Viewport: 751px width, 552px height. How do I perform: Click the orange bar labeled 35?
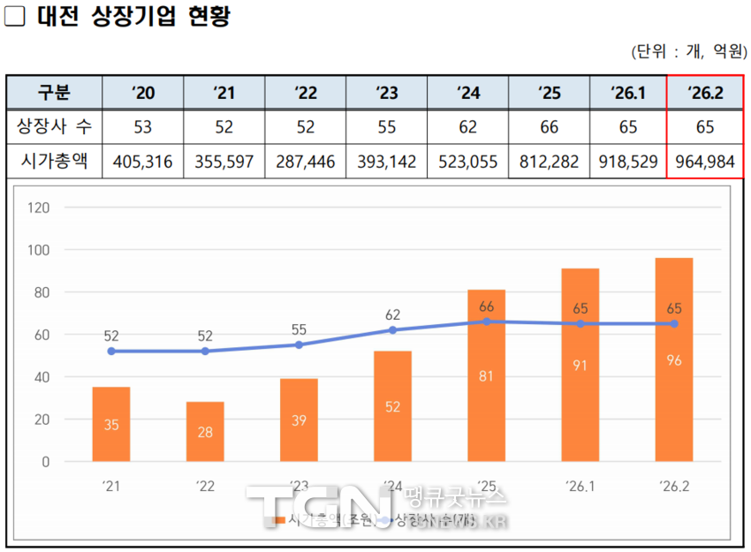point(111,424)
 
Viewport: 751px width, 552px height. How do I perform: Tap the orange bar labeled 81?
point(486,375)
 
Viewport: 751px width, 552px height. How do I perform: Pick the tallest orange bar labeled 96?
point(673,359)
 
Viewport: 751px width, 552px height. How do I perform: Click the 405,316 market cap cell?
point(143,162)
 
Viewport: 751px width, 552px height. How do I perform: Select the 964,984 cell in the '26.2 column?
point(704,162)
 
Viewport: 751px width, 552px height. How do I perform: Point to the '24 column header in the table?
point(468,93)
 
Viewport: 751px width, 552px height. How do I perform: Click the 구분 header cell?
point(55,93)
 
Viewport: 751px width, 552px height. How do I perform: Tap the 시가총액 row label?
point(55,162)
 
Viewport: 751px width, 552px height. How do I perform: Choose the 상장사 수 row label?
point(55,127)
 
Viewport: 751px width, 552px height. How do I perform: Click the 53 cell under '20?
point(143,127)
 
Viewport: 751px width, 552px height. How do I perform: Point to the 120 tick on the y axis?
point(38,208)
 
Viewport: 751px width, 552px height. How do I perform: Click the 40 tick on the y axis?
point(42,377)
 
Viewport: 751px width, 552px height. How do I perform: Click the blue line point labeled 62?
point(392,329)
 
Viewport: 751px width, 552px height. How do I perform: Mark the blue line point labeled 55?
point(299,344)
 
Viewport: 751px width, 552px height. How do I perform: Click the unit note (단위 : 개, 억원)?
point(689,51)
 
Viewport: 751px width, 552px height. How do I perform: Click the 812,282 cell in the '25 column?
point(550,162)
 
